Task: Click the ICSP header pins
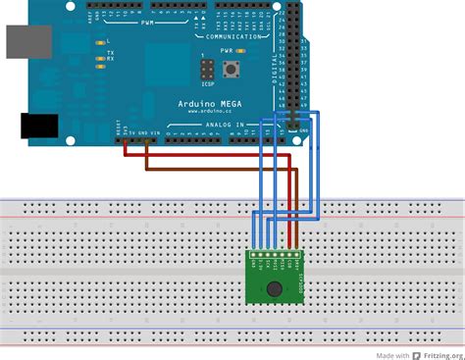(x=208, y=71)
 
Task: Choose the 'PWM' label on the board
(x=148, y=21)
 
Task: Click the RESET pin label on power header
(x=118, y=129)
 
